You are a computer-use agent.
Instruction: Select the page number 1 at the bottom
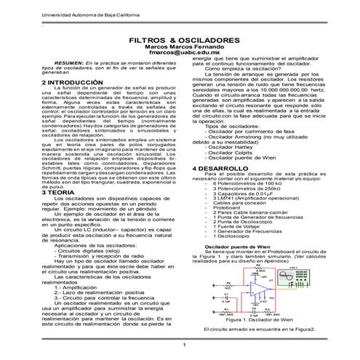(x=185, y=344)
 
